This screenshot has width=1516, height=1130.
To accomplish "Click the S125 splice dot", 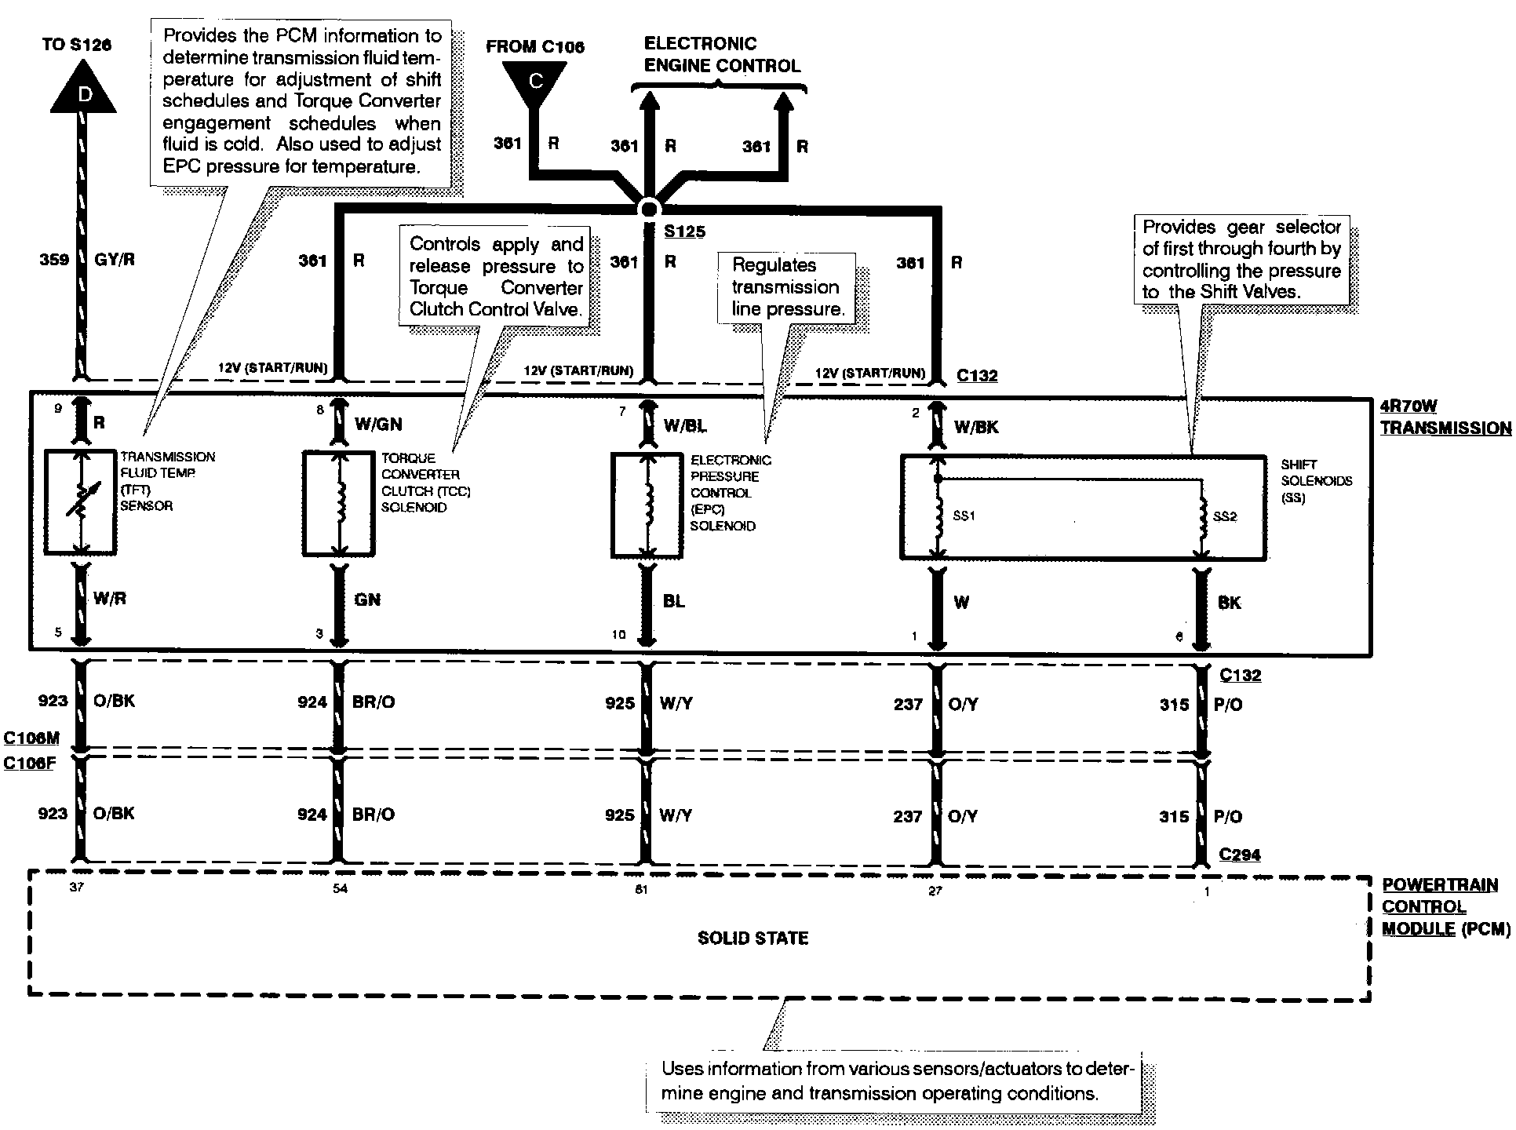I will [648, 209].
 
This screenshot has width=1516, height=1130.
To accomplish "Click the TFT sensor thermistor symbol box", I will [80, 503].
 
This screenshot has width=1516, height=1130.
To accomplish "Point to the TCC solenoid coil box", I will [339, 503].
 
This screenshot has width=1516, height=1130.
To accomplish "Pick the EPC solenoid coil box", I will [647, 505].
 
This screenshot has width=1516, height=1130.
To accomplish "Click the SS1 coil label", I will [964, 516].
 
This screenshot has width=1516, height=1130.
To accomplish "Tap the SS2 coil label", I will [1225, 516].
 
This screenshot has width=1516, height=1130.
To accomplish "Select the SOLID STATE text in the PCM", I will [753, 938].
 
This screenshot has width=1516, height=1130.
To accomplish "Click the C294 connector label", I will [1240, 855].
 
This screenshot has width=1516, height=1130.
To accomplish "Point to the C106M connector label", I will [31, 738].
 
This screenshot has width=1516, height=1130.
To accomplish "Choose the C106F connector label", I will [29, 763].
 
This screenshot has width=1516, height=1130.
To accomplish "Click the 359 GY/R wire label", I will [87, 260].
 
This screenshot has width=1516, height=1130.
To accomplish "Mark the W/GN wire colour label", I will [378, 425].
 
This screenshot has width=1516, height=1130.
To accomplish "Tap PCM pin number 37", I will [76, 888].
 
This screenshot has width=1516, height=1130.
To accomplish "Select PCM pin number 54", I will [340, 888].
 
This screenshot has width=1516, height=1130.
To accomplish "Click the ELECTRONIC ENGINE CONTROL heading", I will [722, 55].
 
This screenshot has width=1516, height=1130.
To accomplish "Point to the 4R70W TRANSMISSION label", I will [1445, 417].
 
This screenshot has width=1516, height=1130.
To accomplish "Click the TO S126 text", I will [77, 44].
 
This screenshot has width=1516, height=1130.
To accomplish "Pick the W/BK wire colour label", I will [976, 427].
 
